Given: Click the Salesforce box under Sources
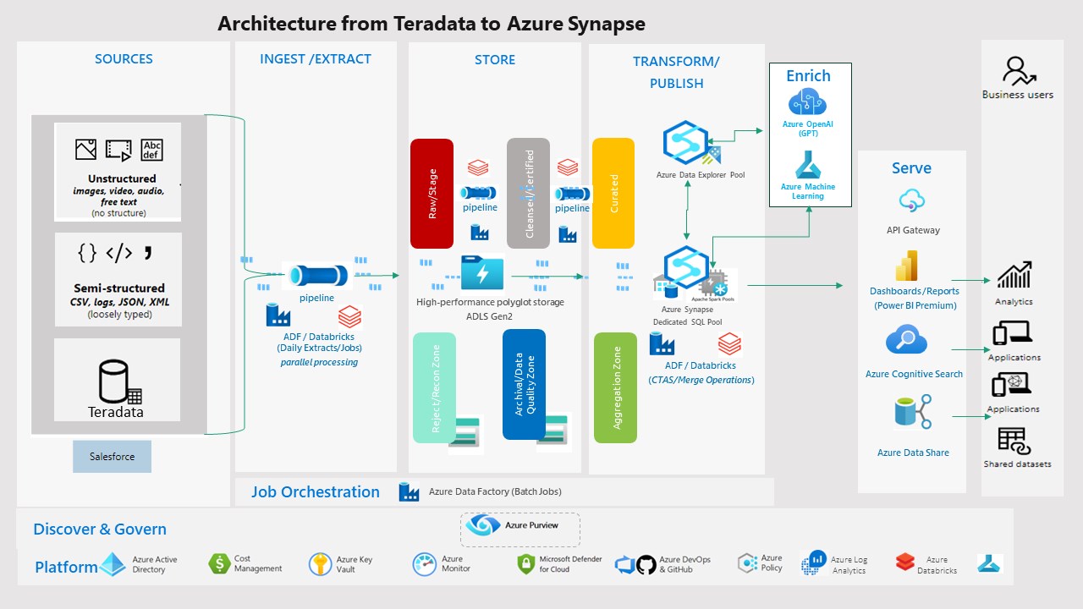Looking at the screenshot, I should click(x=112, y=457).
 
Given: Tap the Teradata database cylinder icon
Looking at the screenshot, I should click(x=113, y=382).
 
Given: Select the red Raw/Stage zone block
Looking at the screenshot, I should click(x=432, y=194).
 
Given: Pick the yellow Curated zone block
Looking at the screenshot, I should click(x=613, y=194).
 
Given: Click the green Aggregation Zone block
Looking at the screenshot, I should click(x=615, y=387).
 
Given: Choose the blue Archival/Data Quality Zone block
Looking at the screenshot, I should click(x=524, y=384).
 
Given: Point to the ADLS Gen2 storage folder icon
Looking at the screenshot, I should click(x=482, y=273).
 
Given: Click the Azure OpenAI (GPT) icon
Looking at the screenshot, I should click(x=808, y=103).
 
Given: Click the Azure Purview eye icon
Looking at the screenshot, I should click(x=483, y=525).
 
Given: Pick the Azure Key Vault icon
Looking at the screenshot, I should click(x=321, y=564).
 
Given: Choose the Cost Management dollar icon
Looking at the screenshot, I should click(x=219, y=563).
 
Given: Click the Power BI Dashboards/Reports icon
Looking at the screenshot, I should click(x=907, y=266).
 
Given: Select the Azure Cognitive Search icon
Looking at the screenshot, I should click(x=906, y=342).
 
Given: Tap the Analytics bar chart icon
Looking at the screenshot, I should click(x=1014, y=276).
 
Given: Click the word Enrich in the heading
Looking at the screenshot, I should click(x=808, y=76).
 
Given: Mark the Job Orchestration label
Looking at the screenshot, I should click(x=316, y=492).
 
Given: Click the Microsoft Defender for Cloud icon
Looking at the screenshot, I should click(x=526, y=564).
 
